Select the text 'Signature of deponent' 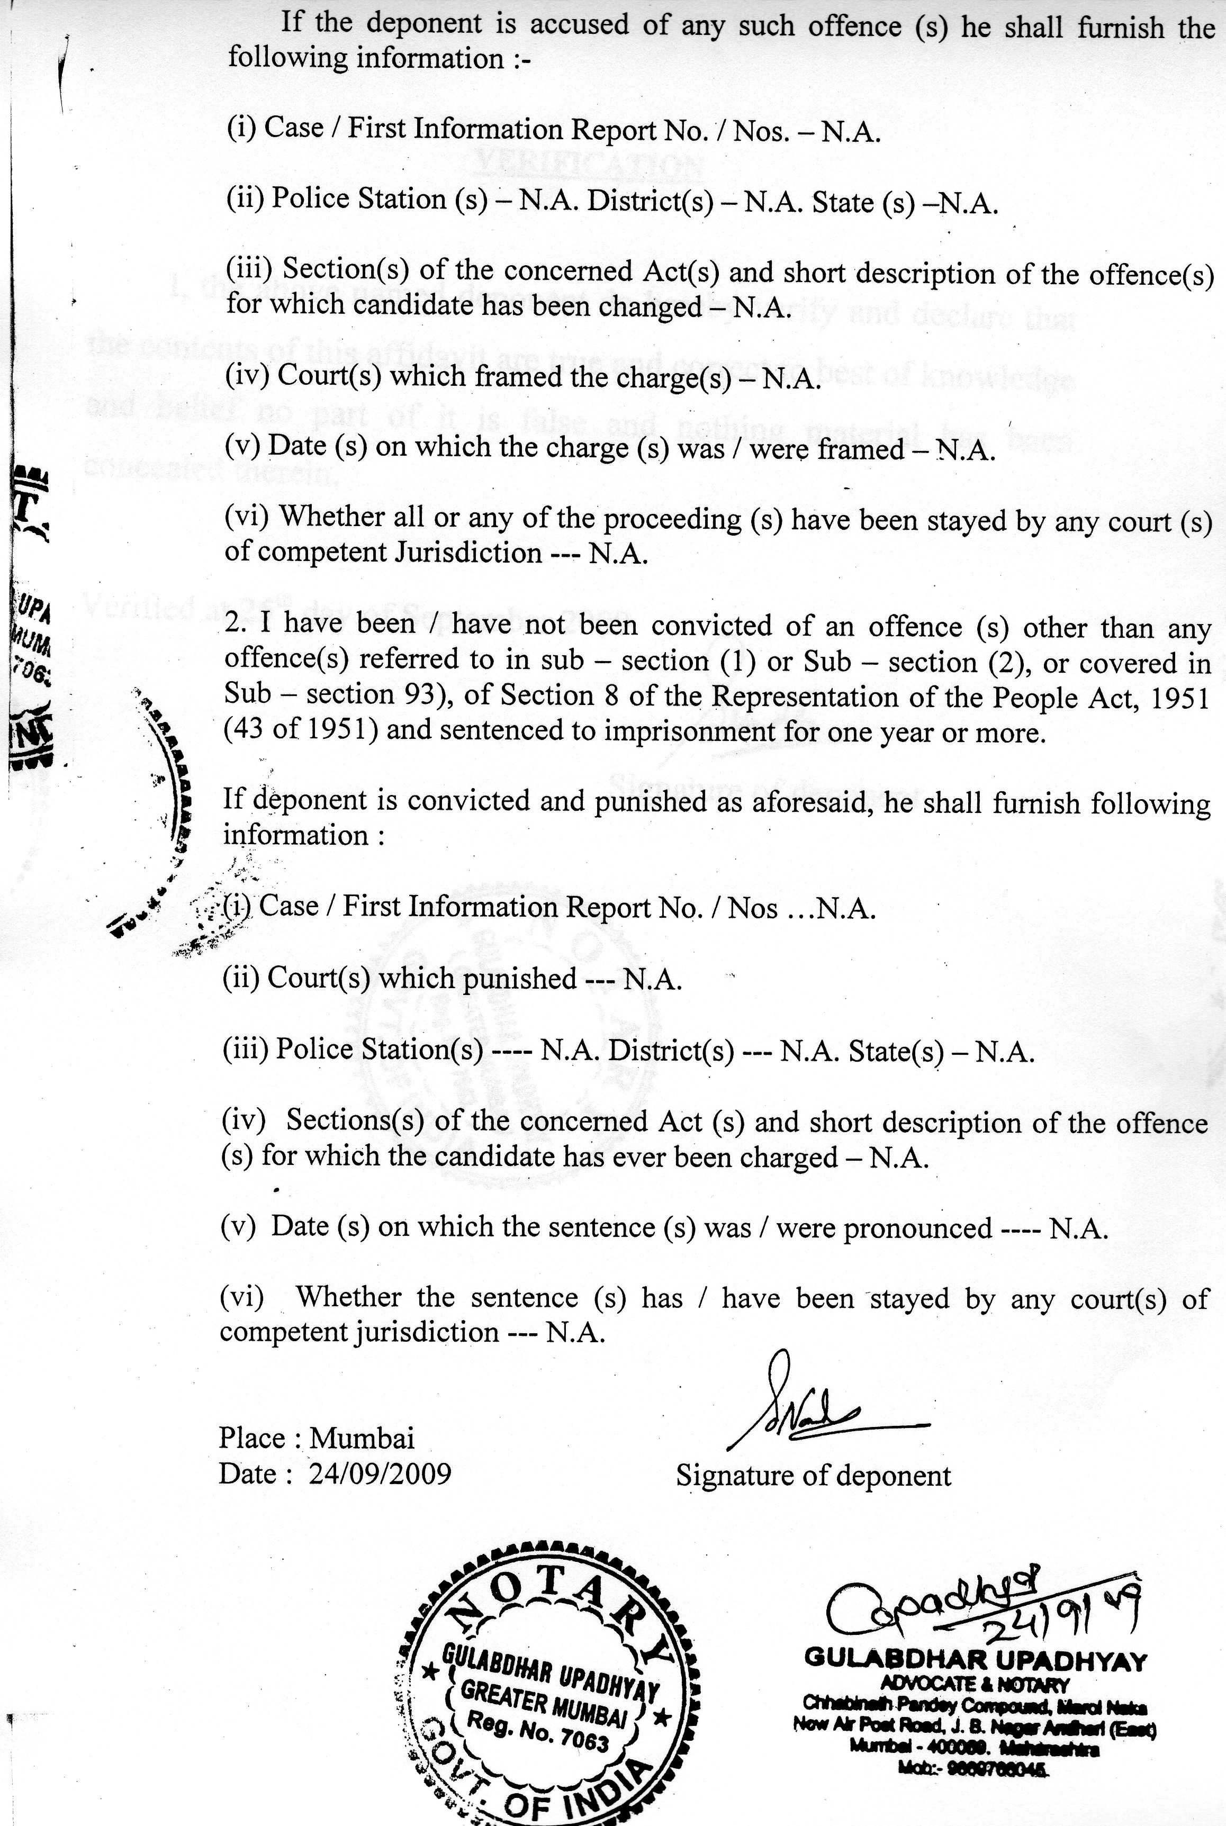coord(813,1475)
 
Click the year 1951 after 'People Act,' coord(1179,697)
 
